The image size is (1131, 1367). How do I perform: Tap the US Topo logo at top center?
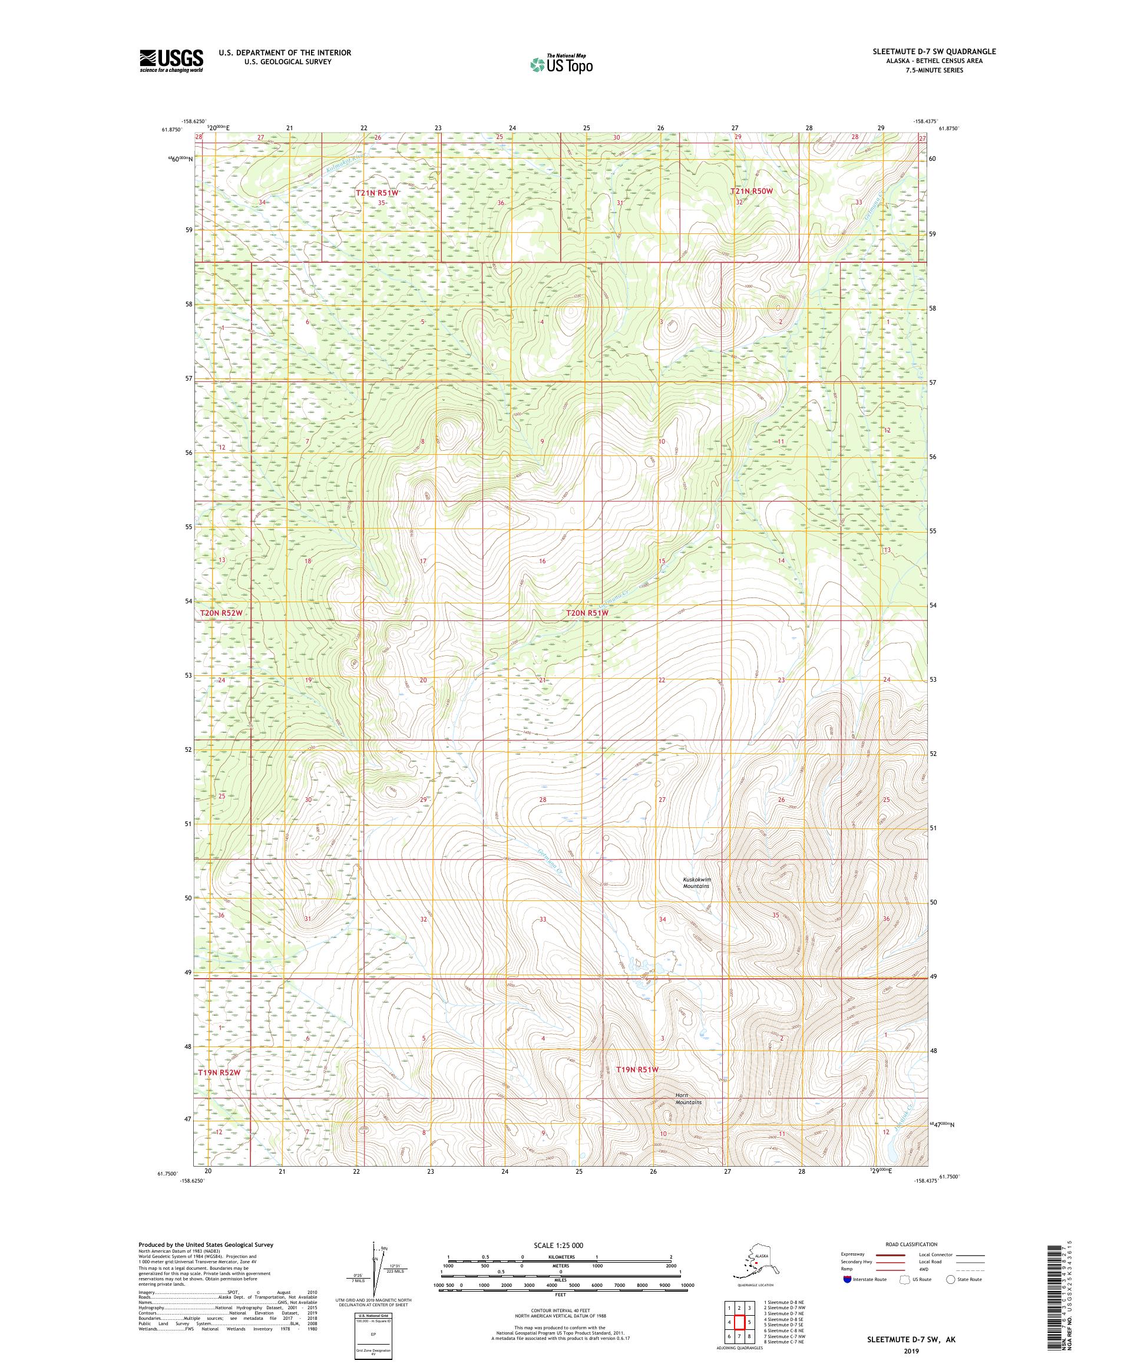(x=561, y=64)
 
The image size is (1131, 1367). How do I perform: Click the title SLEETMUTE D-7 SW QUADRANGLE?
(x=924, y=51)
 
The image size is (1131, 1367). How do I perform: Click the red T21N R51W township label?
(x=377, y=193)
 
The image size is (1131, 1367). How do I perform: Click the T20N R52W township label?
(x=220, y=613)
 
